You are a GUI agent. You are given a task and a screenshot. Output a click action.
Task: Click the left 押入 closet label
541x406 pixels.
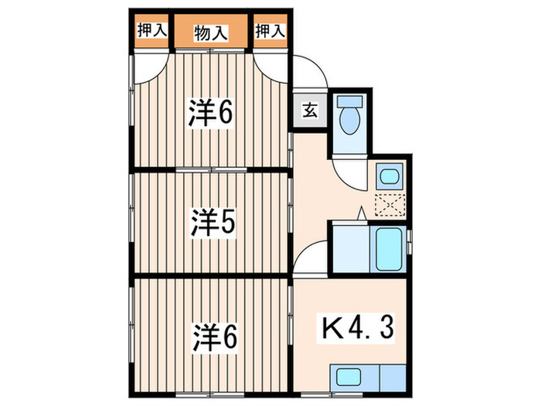click(151, 32)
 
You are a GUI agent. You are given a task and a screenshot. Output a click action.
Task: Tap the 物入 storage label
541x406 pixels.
click(211, 32)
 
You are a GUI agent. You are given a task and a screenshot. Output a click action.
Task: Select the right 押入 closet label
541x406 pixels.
click(270, 32)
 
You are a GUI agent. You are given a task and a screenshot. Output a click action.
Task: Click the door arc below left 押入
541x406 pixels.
click(151, 65)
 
